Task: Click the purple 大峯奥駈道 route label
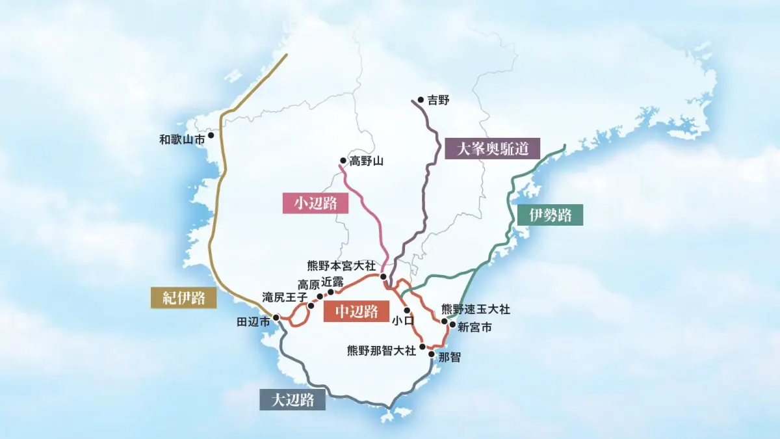tap(492, 149)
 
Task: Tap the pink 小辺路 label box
tap(315, 203)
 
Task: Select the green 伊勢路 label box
tap(550, 215)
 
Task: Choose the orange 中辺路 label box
tap(356, 312)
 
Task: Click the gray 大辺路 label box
tap(292, 399)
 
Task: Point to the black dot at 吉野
tap(421, 100)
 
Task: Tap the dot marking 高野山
tap(343, 161)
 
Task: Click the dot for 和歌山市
tap(211, 135)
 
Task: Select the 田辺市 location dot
tap(276, 317)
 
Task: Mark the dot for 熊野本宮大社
tap(383, 276)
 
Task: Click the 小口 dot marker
tap(407, 310)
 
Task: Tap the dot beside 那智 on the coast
tap(431, 354)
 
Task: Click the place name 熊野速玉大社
tap(475, 309)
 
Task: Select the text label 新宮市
tap(474, 327)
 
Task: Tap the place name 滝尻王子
tap(285, 297)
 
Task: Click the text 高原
tap(309, 284)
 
